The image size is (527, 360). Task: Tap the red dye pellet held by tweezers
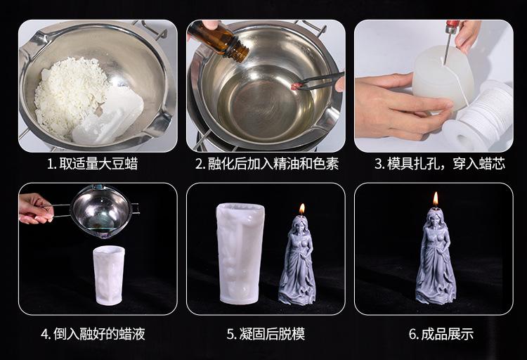(x=294, y=86)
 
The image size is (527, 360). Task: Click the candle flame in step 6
(x=436, y=199)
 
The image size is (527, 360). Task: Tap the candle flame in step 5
(x=302, y=209)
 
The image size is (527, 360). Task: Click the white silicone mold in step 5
(x=240, y=254)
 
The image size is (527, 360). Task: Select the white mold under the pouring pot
(x=108, y=275)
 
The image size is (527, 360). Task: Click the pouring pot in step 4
(x=100, y=210)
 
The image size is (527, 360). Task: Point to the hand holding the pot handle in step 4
(x=35, y=209)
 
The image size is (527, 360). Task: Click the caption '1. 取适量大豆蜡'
(x=93, y=165)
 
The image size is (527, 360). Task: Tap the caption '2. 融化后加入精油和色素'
(x=267, y=165)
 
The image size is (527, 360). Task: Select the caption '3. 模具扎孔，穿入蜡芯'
(x=440, y=165)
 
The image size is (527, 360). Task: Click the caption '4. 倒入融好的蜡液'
(x=93, y=334)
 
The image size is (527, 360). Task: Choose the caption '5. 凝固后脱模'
(x=266, y=334)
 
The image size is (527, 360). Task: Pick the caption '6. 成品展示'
(x=441, y=334)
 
